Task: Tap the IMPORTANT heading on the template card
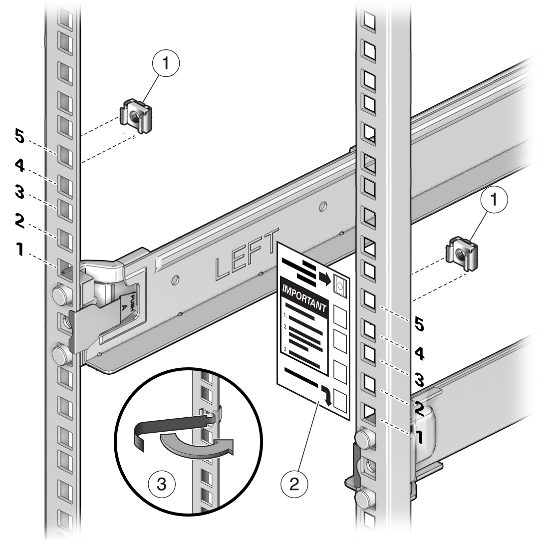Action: click(304, 298)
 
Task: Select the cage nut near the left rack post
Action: click(135, 116)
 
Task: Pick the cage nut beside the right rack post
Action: click(462, 255)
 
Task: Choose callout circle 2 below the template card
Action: click(295, 484)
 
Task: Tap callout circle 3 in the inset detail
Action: click(162, 484)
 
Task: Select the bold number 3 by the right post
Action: click(419, 380)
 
